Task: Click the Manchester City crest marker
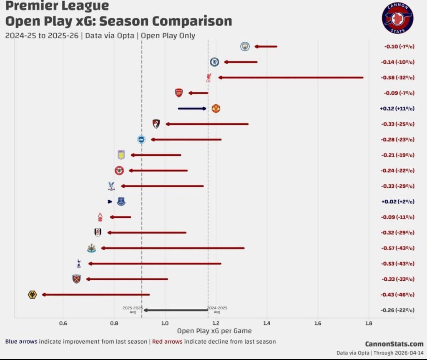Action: click(245, 46)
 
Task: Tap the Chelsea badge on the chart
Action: click(214, 62)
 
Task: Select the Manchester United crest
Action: click(216, 108)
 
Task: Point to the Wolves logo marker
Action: click(32, 295)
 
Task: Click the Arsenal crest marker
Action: click(178, 93)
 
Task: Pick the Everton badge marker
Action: click(121, 202)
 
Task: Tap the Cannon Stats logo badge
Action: click(397, 19)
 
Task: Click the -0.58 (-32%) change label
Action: click(397, 78)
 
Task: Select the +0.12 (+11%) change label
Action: click(397, 108)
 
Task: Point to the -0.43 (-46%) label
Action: click(397, 295)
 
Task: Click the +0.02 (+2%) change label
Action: click(397, 202)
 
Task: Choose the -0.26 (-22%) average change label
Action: click(397, 310)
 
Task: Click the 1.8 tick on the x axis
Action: click(369, 323)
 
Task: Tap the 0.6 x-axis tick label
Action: click(63, 323)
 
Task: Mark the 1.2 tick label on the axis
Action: click(216, 323)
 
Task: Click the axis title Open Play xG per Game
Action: click(214, 331)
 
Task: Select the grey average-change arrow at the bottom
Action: click(176, 310)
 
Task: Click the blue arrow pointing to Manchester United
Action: click(192, 108)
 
